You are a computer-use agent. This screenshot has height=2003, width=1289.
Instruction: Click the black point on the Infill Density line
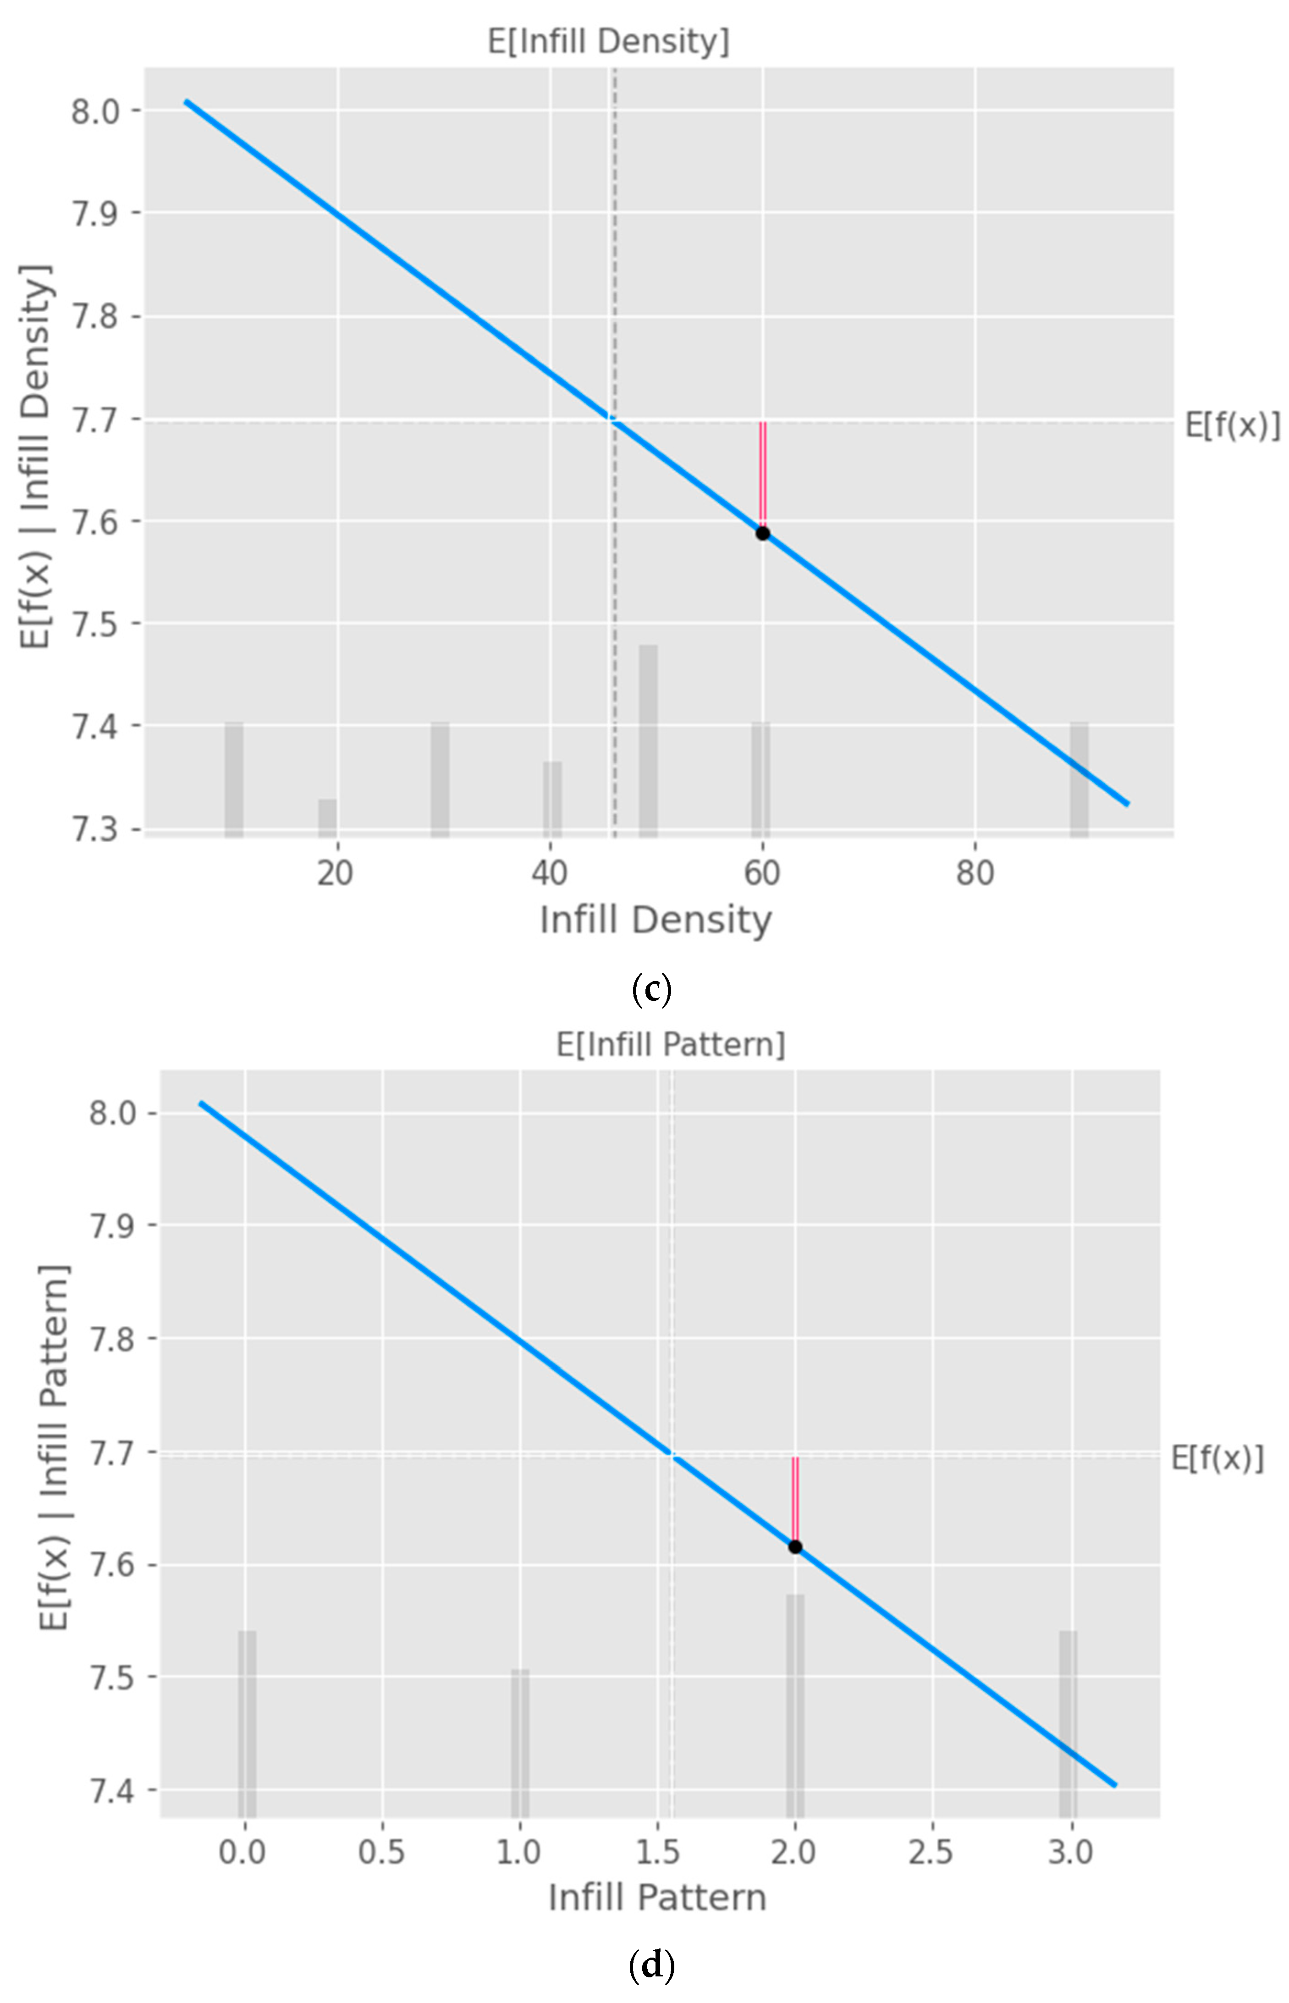pyautogui.click(x=762, y=533)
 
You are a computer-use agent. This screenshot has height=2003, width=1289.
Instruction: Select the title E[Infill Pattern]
pyautogui.click(x=671, y=1045)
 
